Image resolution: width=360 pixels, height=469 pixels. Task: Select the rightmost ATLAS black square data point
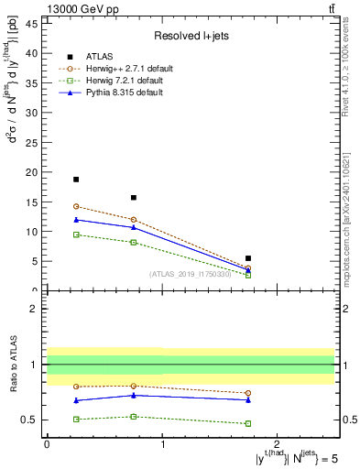point(248,258)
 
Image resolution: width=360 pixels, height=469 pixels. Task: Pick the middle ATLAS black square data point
point(134,197)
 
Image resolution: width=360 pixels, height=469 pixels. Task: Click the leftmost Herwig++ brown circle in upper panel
point(76,206)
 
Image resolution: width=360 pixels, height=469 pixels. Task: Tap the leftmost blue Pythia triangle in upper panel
point(76,219)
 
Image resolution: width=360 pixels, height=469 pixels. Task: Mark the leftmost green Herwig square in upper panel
point(76,234)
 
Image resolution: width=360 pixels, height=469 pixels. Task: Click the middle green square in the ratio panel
point(134,417)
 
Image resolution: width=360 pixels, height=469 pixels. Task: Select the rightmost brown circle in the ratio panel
point(248,393)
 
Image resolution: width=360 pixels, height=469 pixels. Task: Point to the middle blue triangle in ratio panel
point(134,395)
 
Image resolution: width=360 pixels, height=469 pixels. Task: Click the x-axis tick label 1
point(162,443)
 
